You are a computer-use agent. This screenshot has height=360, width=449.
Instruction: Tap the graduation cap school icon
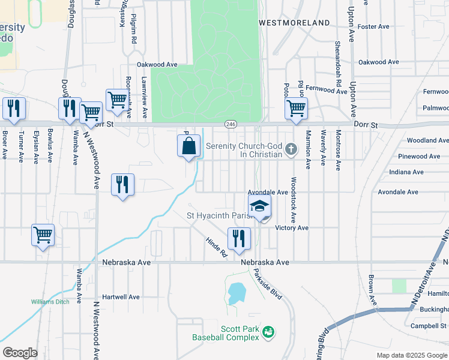coord(259,206)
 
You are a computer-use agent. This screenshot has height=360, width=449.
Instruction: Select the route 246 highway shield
coord(231,124)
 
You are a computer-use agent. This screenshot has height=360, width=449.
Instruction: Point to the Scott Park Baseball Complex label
coord(226,333)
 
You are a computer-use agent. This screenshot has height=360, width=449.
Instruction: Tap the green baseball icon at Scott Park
coord(268,331)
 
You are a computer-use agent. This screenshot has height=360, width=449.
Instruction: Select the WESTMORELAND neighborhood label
coord(294,23)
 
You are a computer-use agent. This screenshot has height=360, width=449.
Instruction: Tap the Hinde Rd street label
coord(217,246)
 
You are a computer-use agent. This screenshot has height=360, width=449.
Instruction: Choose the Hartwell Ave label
coord(121,297)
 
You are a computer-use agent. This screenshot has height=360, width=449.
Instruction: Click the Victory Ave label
coord(292,228)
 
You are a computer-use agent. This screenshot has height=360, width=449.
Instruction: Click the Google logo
coord(20,352)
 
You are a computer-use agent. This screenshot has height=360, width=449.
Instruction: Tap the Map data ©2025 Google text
coord(411,355)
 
